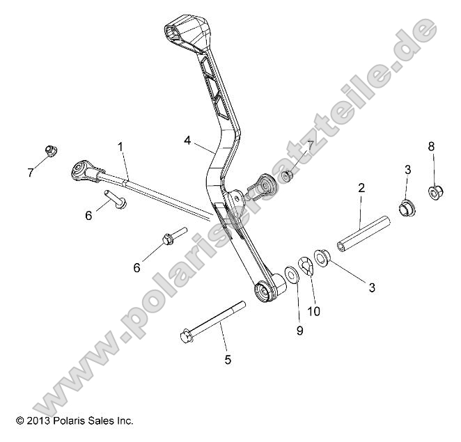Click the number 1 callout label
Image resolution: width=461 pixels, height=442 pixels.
coord(120,147)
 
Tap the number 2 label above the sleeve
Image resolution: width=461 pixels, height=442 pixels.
coord(361,187)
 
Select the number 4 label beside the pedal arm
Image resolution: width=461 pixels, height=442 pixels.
coord(187,140)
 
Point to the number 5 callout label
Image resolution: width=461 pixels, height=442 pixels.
coord(228,359)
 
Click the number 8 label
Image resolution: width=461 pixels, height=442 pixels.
coord(431,146)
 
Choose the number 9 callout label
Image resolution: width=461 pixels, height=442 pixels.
coord(300,331)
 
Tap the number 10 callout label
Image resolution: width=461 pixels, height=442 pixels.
coord(314,310)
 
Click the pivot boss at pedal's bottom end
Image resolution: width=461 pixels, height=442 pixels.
coord(267,290)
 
